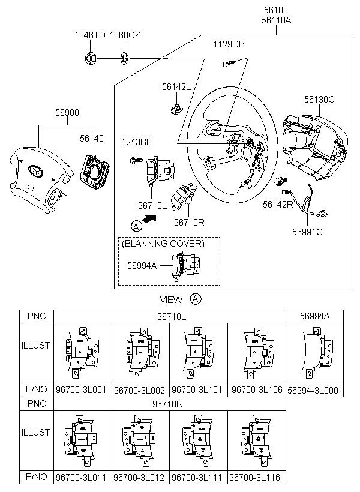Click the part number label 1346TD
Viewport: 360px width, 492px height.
(x=90, y=35)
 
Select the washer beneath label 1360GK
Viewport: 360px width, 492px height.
(x=124, y=58)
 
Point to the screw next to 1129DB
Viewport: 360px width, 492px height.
(x=229, y=63)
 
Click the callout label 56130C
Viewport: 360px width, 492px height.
(x=319, y=100)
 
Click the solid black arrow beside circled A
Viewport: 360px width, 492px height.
(x=149, y=219)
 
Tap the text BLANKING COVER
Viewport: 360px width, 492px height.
(x=163, y=244)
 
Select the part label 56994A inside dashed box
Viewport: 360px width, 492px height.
(x=142, y=265)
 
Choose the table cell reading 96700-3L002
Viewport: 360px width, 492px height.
(x=139, y=390)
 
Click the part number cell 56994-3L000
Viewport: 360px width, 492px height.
(x=313, y=390)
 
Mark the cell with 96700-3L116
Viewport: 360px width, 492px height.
(x=254, y=477)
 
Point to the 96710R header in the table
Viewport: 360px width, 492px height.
(x=167, y=404)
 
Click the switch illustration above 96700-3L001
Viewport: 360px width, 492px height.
(x=82, y=353)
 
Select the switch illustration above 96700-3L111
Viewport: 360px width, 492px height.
(x=198, y=440)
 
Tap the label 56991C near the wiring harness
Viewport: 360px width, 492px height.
(x=307, y=232)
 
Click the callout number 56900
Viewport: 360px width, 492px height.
(x=67, y=112)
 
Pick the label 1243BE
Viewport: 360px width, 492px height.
(x=137, y=142)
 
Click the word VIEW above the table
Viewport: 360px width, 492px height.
(x=171, y=299)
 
